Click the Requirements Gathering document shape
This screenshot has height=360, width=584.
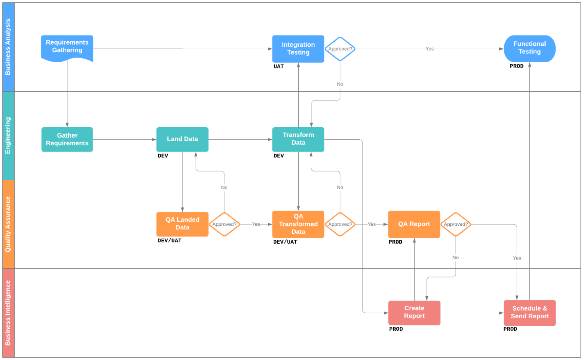67,48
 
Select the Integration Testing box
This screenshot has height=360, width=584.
298,49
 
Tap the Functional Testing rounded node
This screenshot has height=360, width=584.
529,48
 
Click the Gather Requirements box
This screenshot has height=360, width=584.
67,139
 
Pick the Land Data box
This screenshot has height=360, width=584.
182,139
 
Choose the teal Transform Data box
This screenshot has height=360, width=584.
298,139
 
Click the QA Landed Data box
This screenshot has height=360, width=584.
182,224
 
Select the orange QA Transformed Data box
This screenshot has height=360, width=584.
298,224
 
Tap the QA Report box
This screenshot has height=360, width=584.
414,224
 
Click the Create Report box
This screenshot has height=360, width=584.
414,312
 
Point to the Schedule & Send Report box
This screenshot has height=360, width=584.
529,312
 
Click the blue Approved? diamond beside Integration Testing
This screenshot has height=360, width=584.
340,49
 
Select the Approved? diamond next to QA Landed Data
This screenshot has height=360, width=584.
224,224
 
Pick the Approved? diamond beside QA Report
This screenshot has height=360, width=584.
456,224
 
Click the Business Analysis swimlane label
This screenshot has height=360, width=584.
8,47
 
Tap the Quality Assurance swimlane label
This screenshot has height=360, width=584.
8,224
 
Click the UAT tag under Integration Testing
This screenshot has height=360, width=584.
279,66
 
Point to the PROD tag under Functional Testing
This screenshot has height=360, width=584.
516,66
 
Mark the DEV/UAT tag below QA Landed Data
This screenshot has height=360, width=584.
169,240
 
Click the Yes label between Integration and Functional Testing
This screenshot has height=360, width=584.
429,49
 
